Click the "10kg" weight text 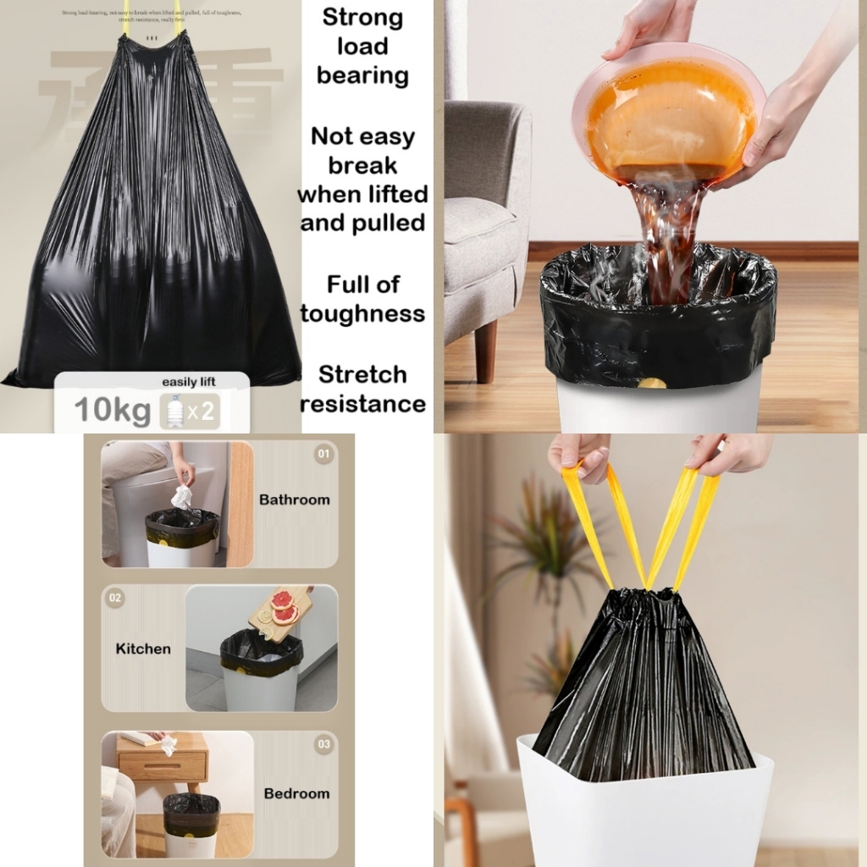coord(112,410)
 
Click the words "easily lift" coord(189,382)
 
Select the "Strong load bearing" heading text coord(362,47)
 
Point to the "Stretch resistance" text coord(362,389)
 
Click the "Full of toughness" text coord(362,299)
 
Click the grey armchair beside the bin coord(484,212)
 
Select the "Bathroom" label coord(294,500)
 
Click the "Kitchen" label coord(143,649)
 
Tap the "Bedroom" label coord(296,793)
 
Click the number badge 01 coord(323,455)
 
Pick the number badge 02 coord(114,598)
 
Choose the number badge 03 coord(323,744)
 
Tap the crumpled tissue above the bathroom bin coord(182,498)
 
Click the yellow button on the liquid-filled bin coord(651,384)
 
